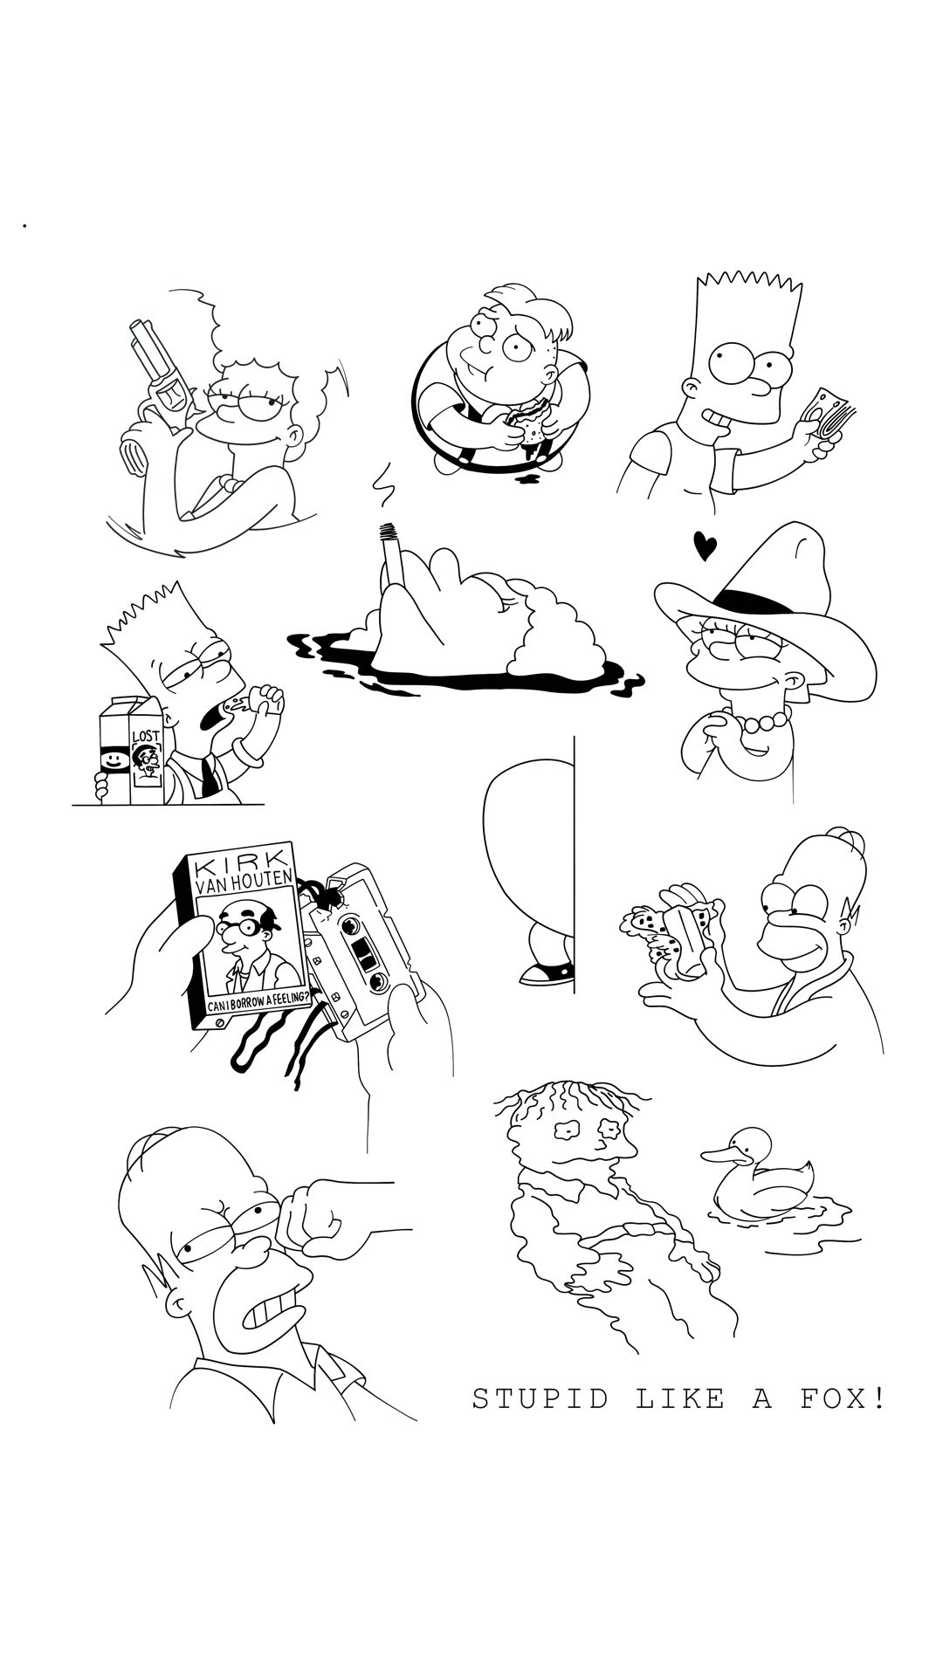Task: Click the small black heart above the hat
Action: (705, 546)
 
